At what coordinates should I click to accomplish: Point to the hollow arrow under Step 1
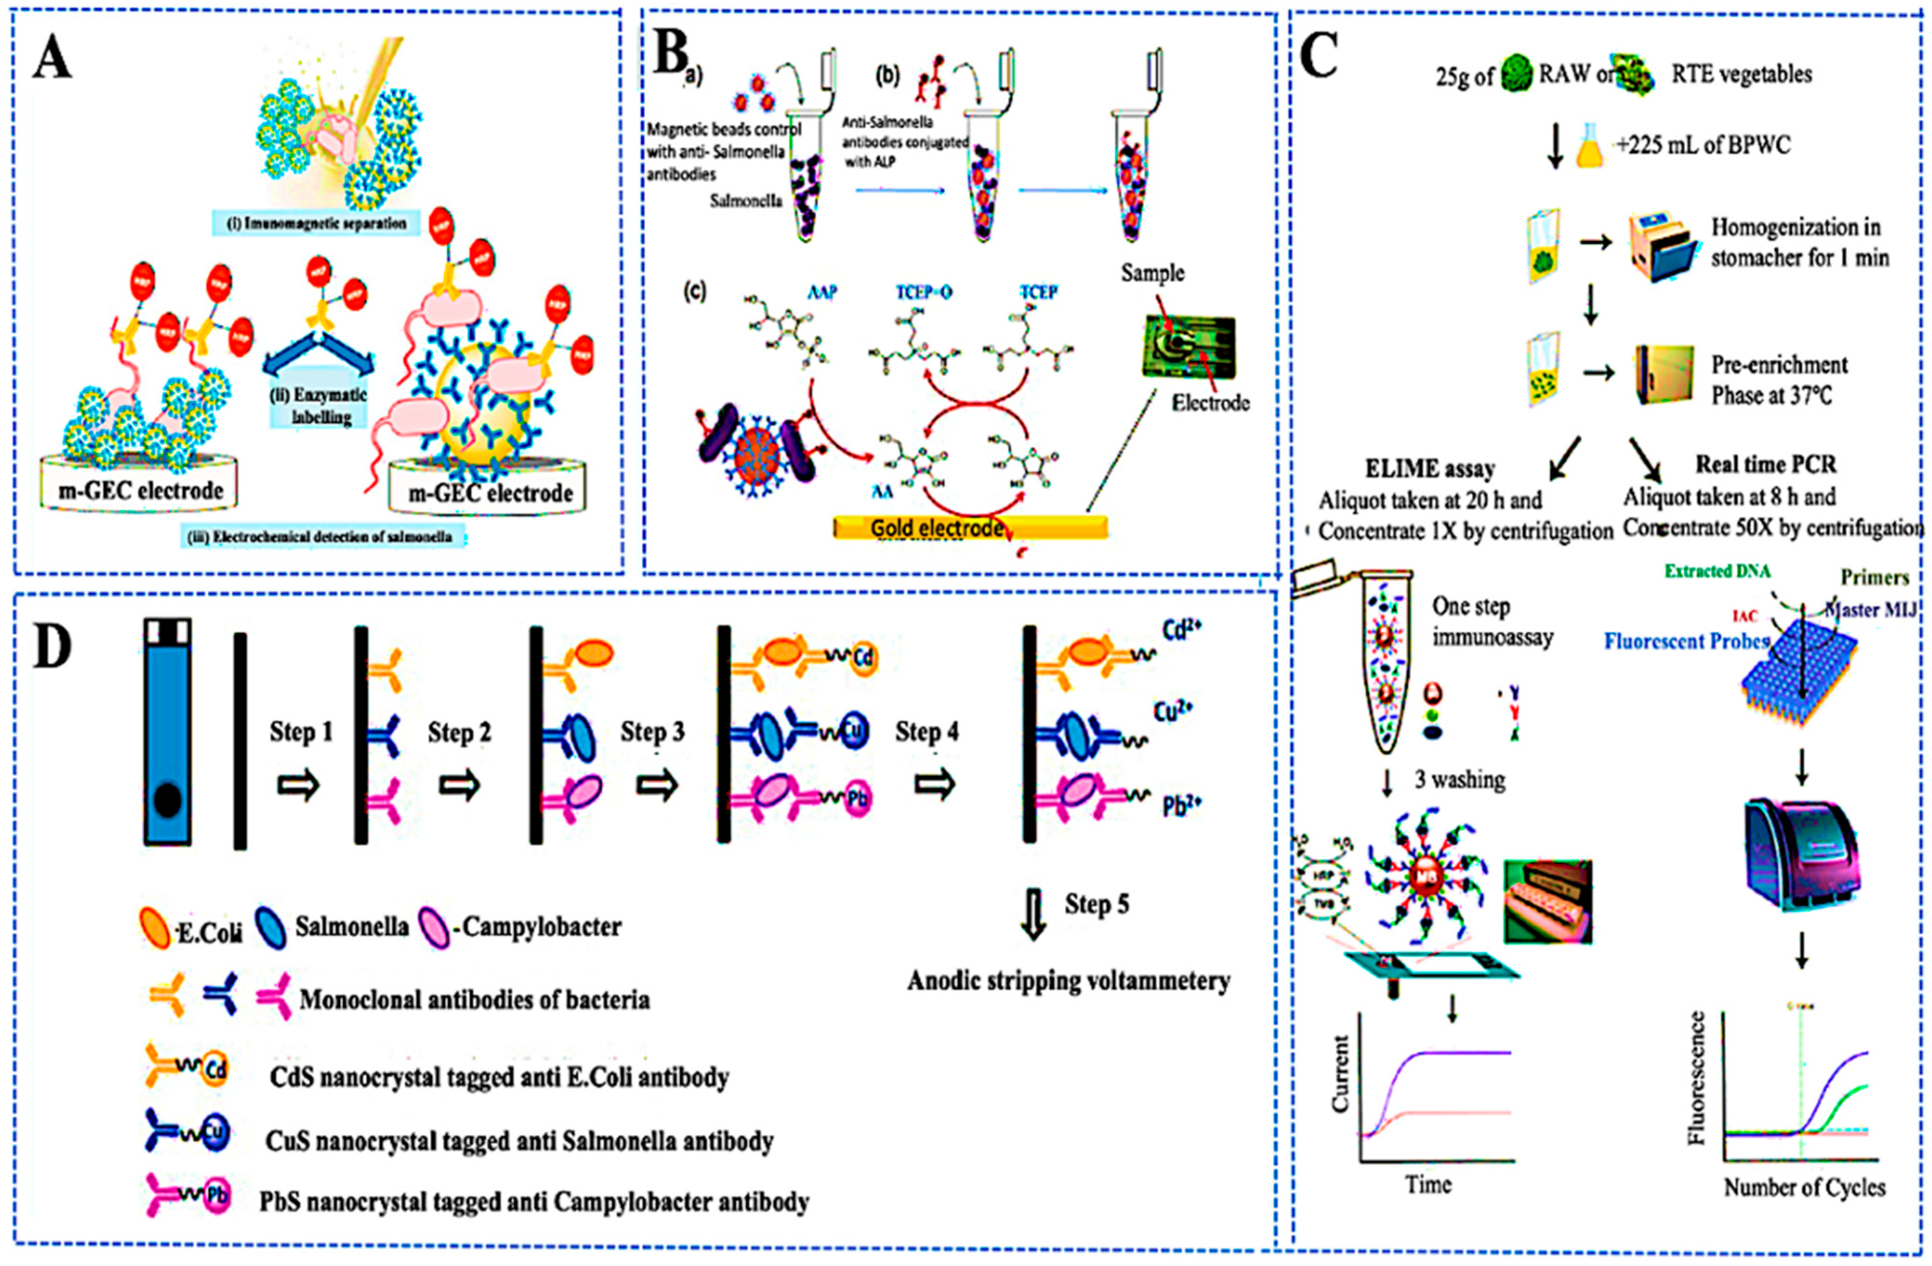tap(299, 786)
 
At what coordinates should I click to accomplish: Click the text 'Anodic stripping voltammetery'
tap(1068, 981)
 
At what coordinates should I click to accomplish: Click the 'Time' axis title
tap(1429, 1185)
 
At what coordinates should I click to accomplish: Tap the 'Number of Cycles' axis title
tap(1804, 1187)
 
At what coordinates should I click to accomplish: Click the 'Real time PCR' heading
tap(1765, 464)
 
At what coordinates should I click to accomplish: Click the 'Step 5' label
tap(1096, 904)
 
